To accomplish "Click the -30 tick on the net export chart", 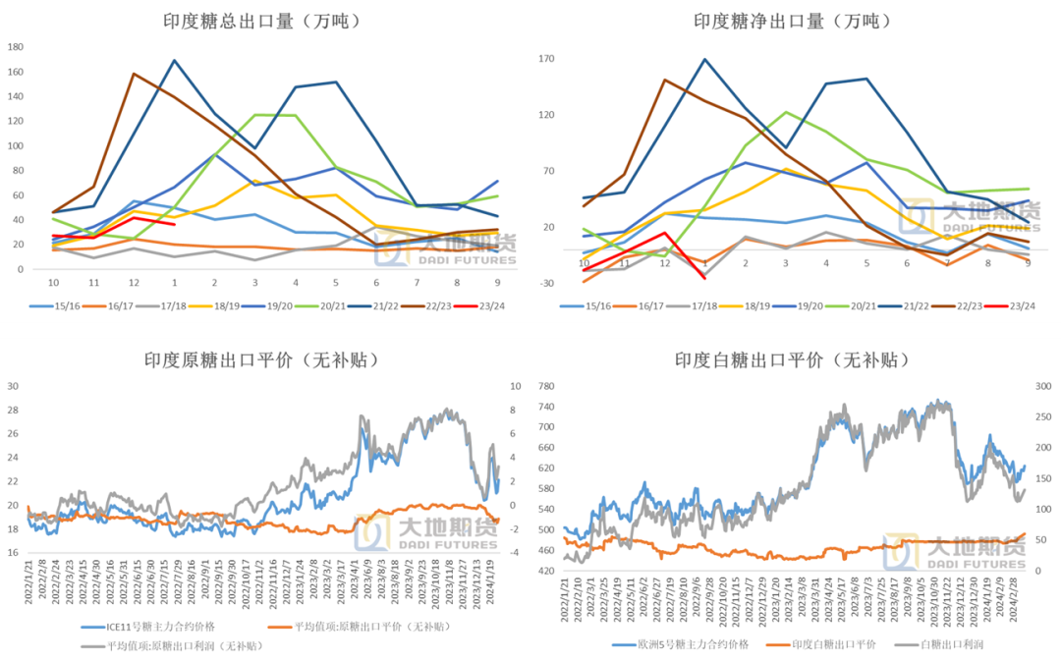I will tap(547, 284).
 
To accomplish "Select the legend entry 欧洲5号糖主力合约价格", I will tap(679, 644).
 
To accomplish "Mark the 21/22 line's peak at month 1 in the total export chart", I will tap(174, 61).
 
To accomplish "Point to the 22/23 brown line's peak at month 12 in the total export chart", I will tap(134, 74).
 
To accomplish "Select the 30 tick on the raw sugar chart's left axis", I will tap(14, 386).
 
